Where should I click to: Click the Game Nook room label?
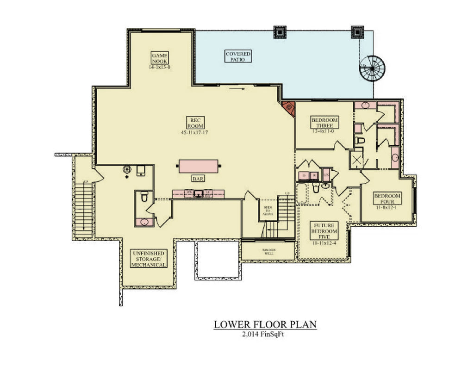[x=160, y=57]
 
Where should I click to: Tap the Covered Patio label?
[x=238, y=56]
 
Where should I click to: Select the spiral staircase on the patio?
[x=373, y=68]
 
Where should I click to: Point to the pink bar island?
[x=198, y=166]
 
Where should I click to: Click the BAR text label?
[x=198, y=179]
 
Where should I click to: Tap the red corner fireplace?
[x=289, y=108]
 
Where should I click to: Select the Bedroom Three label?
[x=324, y=123]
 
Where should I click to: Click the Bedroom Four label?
[x=387, y=199]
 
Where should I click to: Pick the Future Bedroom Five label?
[x=324, y=231]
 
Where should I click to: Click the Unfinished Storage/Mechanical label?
[x=148, y=259]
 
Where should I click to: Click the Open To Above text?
[x=268, y=211]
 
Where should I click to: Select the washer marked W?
[x=314, y=176]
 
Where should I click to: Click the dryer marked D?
[x=304, y=176]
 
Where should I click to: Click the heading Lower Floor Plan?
[x=265, y=324]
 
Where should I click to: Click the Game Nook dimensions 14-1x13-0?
[x=160, y=67]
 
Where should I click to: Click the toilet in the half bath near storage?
[x=144, y=198]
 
